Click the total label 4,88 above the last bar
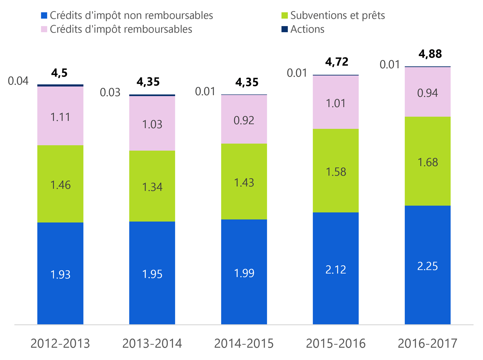click(x=430, y=54)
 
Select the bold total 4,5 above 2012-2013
click(x=60, y=73)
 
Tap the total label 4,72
click(x=337, y=62)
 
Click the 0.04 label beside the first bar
click(x=18, y=81)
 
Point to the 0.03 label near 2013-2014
click(x=110, y=92)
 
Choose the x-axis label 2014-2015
click(x=244, y=344)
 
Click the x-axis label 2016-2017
click(x=427, y=344)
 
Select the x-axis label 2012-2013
click(x=60, y=344)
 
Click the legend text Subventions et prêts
click(x=337, y=15)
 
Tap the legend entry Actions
click(x=307, y=29)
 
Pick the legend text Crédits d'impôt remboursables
click(x=121, y=29)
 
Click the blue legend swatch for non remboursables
click(x=44, y=15)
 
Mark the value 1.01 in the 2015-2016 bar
click(x=336, y=103)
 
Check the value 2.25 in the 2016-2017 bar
click(x=427, y=266)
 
